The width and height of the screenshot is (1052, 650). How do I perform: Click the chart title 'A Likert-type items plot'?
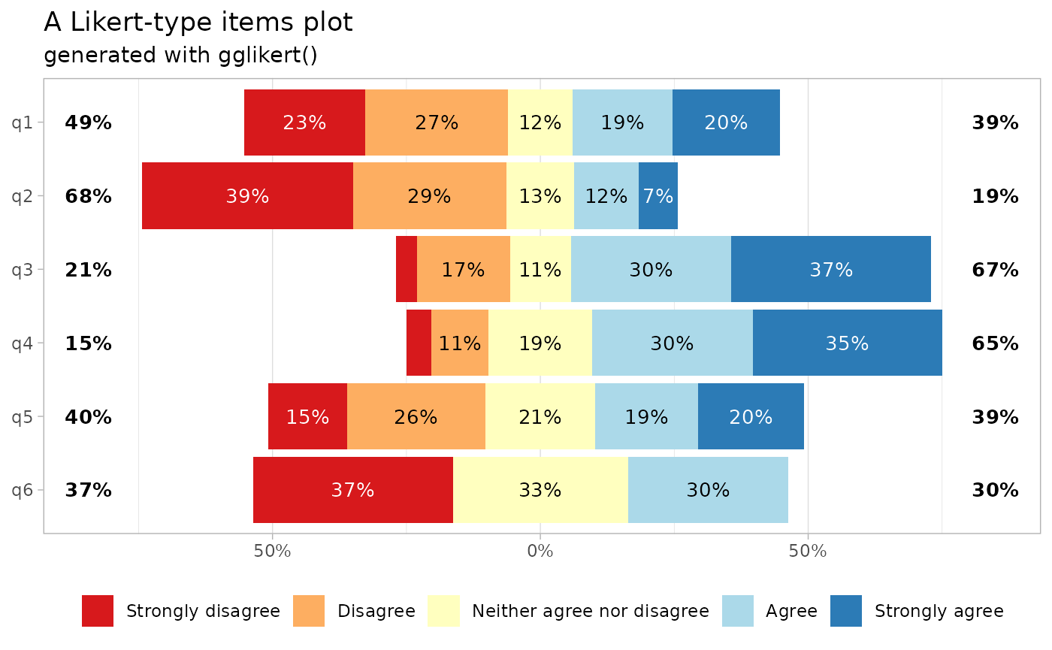198,23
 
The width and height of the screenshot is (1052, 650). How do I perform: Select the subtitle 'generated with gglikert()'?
180,56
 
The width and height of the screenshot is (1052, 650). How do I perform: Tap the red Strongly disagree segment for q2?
247,196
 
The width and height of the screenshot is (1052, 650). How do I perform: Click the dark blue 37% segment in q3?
830,270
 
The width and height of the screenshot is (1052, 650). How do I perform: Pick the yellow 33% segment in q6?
540,490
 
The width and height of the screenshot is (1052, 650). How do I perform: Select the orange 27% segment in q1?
437,122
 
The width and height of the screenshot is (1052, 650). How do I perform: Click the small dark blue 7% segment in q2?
658,196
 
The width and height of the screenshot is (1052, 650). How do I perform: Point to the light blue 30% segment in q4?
672,343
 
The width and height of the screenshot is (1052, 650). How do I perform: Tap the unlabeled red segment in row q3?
407,270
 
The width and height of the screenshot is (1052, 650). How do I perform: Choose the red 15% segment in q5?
307,417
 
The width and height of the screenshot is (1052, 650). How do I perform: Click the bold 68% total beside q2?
88,197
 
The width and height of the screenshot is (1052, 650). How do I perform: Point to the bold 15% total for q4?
88,344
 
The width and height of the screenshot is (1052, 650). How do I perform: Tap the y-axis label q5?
23,417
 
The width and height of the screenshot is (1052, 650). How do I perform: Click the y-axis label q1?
23,122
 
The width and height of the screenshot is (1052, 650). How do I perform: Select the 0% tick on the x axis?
540,552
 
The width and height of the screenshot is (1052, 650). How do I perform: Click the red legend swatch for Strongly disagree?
98,611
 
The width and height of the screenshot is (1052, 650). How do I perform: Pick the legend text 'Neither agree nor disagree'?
590,611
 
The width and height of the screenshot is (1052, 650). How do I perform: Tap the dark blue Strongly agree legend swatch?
846,611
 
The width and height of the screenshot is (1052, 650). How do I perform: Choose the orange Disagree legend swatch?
309,611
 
